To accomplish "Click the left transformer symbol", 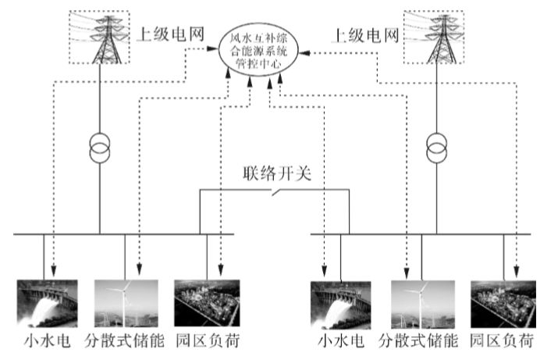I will tap(100, 146).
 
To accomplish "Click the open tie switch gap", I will tap(272, 192).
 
